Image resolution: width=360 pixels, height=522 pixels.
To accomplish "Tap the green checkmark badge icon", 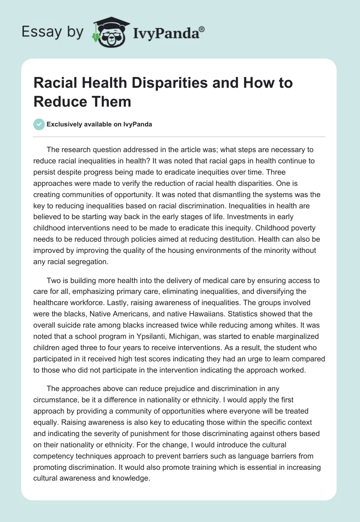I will pyautogui.click(x=39, y=124).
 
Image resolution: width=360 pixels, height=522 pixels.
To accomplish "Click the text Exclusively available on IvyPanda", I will pyautogui.click(x=99, y=124).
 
